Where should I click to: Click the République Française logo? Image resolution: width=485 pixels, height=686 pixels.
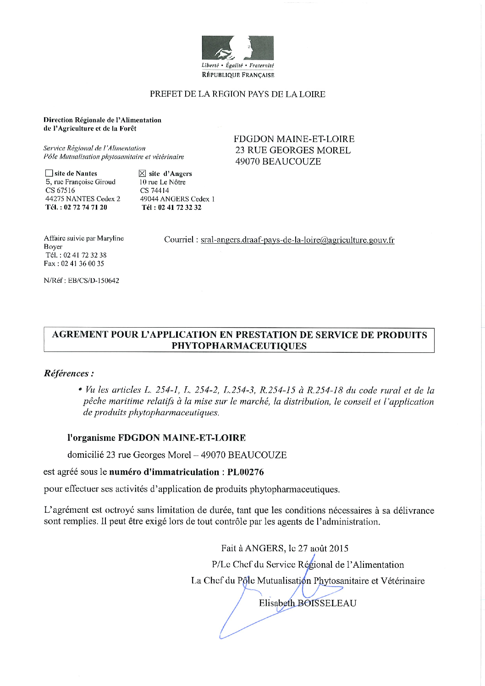click(x=237, y=57)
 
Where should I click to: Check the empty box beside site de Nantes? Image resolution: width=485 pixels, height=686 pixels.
click(x=49, y=174)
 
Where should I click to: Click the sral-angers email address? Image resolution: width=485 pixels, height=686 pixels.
click(x=298, y=240)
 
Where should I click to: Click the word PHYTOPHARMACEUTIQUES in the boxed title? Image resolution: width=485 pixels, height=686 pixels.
click(x=239, y=346)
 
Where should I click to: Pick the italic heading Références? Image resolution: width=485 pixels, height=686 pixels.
click(x=69, y=373)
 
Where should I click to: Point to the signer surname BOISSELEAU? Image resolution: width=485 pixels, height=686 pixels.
click(x=327, y=603)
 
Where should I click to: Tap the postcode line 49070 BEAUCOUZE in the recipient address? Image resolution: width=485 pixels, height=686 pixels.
click(x=278, y=161)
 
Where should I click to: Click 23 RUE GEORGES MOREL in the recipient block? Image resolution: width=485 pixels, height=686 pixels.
click(x=292, y=150)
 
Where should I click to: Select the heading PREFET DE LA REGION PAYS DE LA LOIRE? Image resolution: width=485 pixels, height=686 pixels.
click(x=237, y=94)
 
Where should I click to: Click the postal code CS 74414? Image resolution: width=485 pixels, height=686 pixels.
click(x=154, y=191)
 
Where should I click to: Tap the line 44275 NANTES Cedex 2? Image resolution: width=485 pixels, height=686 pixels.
click(x=83, y=199)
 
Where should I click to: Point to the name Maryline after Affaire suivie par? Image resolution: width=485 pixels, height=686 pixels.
click(x=110, y=238)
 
